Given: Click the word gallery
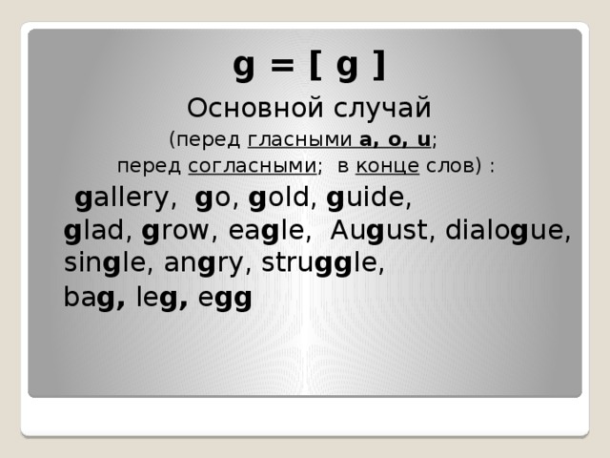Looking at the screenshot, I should coord(124,200).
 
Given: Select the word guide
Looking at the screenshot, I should coord(368,200).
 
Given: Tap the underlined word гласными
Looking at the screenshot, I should coord(300,140).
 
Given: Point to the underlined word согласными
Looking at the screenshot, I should coord(252,166).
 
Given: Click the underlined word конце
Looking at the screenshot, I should coord(388,166).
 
